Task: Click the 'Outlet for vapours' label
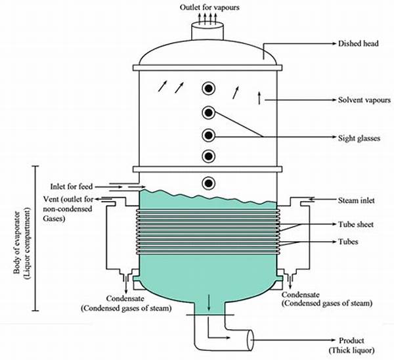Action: click(x=209, y=7)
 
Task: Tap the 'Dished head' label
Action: click(x=358, y=43)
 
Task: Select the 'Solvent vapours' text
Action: click(x=364, y=100)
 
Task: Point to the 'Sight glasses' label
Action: click(x=359, y=138)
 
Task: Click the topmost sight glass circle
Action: click(x=209, y=89)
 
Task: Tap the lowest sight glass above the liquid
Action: click(x=209, y=183)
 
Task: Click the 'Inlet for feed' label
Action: click(x=72, y=187)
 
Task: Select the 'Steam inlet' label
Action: click(x=357, y=200)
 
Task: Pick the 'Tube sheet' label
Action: click(x=356, y=224)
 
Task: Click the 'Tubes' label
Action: click(x=348, y=242)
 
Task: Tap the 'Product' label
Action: click(x=351, y=341)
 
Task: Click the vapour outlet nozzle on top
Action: click(x=208, y=32)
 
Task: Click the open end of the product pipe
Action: click(x=251, y=340)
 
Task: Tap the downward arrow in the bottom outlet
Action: click(x=209, y=302)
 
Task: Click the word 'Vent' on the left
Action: click(x=51, y=199)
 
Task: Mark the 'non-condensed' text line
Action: click(x=68, y=209)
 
